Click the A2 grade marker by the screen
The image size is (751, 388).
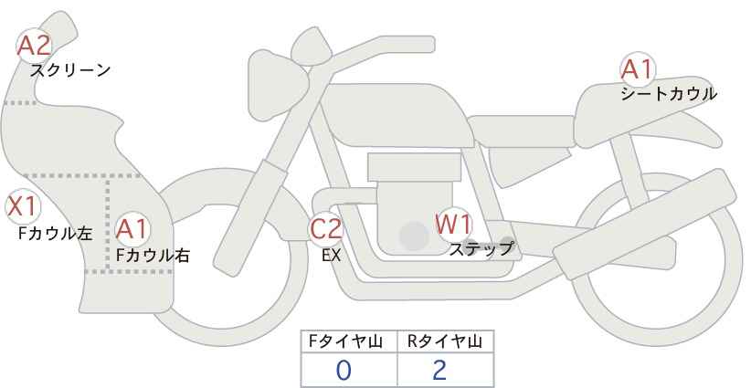tap(34, 46)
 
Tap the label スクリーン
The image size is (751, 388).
tap(70, 71)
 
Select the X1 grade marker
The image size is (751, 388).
tap(23, 207)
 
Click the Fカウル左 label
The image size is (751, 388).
tap(56, 234)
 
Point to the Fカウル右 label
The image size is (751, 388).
tap(153, 256)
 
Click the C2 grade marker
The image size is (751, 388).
tap(325, 228)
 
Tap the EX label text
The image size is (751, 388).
tap(331, 256)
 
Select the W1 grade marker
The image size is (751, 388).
tap(454, 224)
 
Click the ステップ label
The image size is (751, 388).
tap(481, 249)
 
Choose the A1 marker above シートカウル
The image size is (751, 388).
tap(638, 69)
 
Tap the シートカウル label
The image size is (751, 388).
tap(669, 94)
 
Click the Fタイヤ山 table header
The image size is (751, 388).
tap(345, 341)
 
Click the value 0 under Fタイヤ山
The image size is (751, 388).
tap(344, 370)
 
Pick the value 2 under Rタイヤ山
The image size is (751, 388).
tap(439, 370)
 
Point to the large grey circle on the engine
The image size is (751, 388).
tap(414, 236)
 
